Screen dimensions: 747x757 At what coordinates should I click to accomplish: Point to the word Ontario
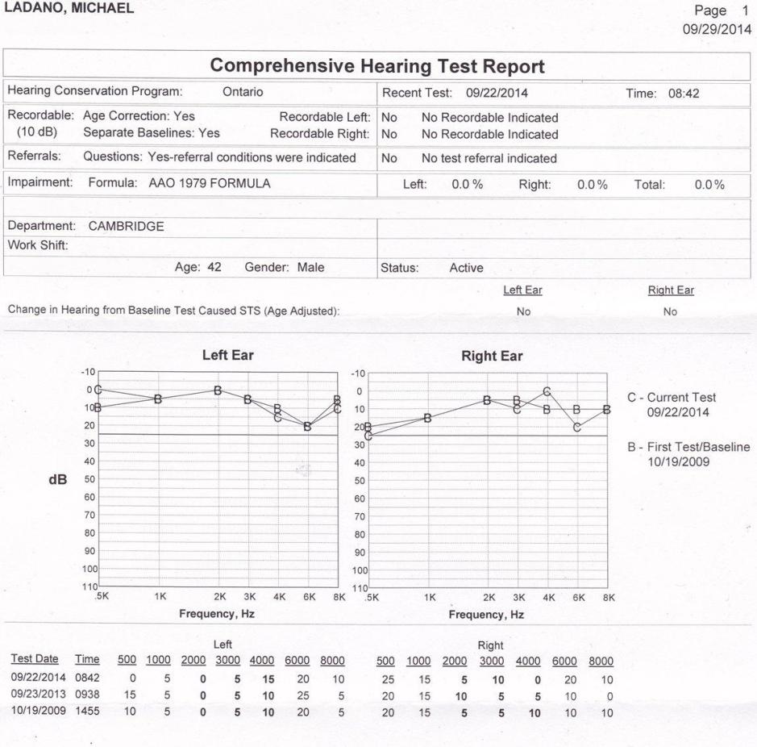[243, 92]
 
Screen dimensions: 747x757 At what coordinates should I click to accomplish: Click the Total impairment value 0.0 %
[709, 184]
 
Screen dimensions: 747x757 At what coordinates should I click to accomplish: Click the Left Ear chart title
[217, 355]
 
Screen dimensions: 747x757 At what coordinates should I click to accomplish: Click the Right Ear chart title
[492, 356]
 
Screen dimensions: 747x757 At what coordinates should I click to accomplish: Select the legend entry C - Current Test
[671, 398]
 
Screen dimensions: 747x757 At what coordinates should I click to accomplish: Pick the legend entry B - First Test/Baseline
[689, 448]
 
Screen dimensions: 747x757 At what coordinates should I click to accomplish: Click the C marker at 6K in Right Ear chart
[577, 427]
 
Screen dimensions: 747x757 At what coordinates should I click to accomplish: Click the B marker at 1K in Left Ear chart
[158, 399]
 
